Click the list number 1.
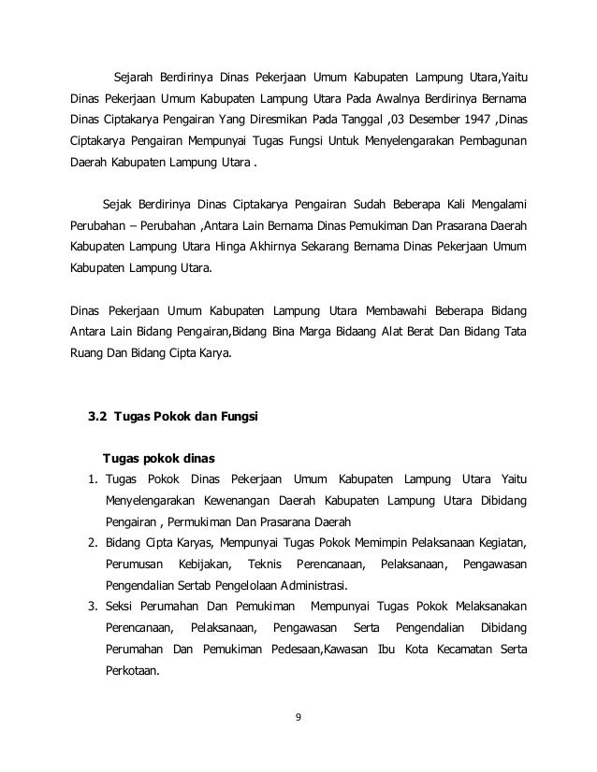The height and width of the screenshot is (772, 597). [x=93, y=479]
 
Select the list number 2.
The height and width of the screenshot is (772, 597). [x=93, y=543]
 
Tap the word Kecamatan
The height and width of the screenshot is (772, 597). [x=448, y=649]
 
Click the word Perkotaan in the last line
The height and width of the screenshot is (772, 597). [x=135, y=670]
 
